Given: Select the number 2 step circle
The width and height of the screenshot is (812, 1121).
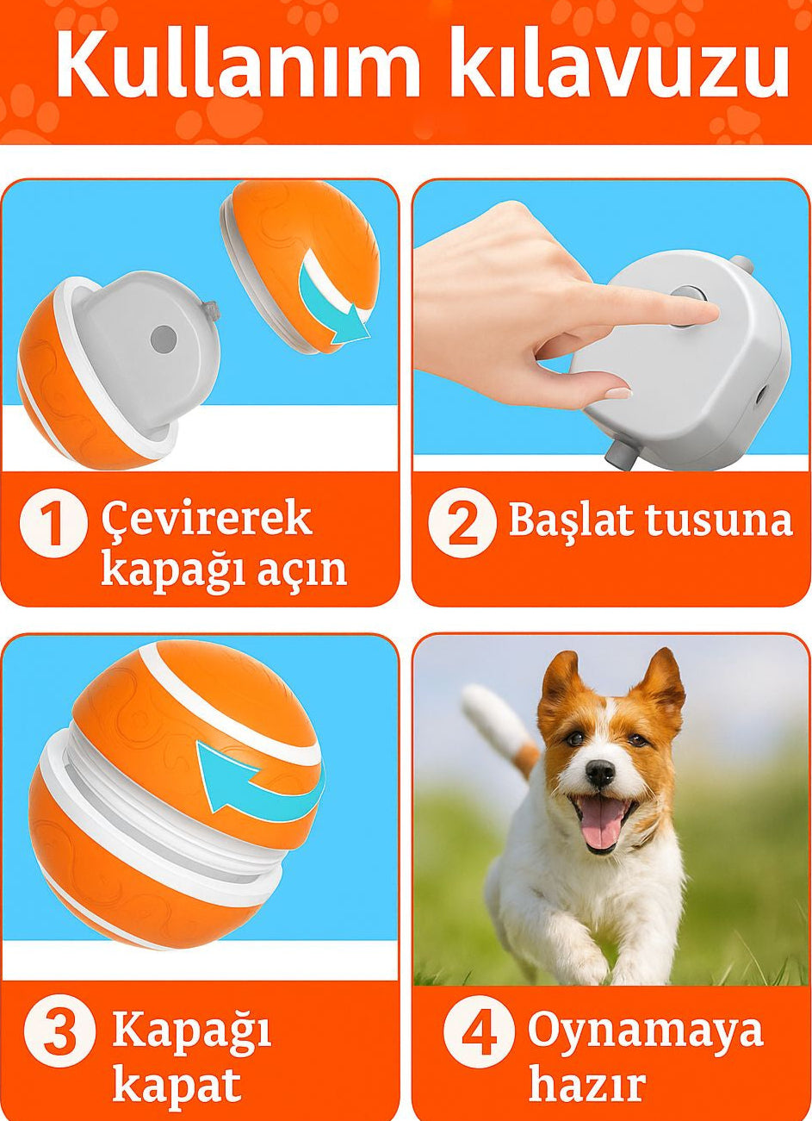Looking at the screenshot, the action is tap(462, 523).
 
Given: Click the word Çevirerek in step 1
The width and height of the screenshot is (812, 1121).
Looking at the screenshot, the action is tap(207, 520).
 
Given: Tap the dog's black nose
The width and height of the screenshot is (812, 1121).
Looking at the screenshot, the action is tap(599, 772).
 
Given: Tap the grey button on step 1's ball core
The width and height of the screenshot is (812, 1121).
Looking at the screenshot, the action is tap(164, 339).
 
